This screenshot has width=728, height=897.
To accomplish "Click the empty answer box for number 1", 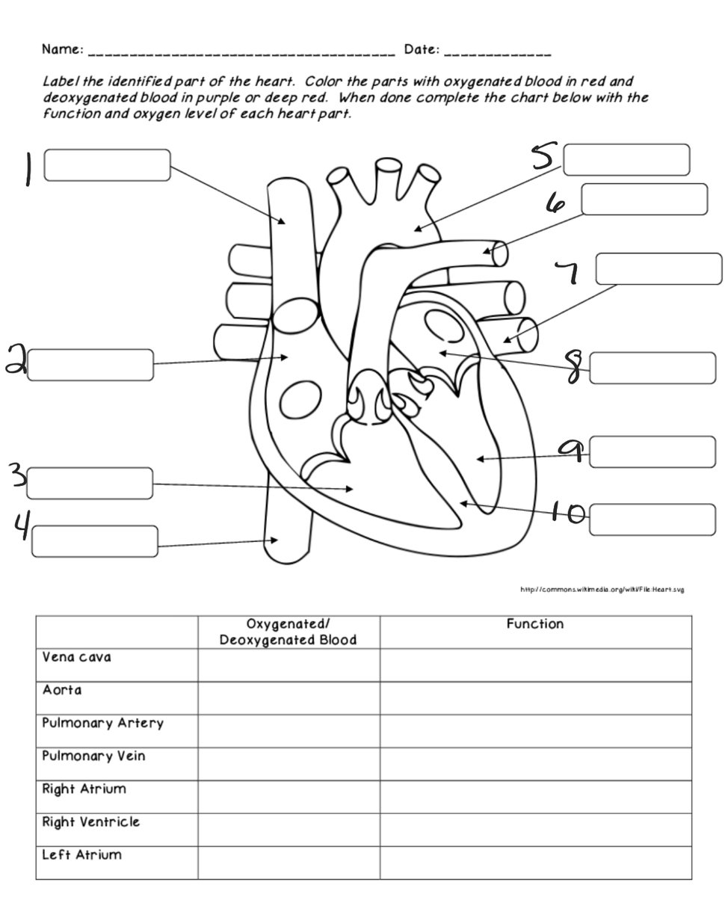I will point(107,165).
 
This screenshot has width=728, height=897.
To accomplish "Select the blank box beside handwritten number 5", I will point(626,160).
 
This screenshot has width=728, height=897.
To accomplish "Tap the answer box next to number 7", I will point(658,269).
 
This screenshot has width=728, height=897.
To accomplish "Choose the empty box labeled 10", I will point(652,520).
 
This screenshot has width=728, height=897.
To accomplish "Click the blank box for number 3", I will point(90,484).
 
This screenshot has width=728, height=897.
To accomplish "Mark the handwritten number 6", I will point(556,203).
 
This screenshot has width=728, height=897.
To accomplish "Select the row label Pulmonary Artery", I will point(102,723).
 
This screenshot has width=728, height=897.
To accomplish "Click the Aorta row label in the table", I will point(62,690).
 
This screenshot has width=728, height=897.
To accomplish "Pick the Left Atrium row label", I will point(81,854).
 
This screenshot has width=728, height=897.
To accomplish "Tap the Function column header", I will point(534,623).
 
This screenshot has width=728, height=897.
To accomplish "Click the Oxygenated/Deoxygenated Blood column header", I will point(288,632).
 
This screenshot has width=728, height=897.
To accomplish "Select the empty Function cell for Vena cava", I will point(534,665).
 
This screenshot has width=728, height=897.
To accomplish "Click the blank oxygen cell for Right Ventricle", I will point(288,829).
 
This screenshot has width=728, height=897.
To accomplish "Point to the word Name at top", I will point(62,50).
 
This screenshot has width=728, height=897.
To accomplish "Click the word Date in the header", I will point(421,50).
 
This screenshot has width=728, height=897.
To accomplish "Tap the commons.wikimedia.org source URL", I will point(602,590).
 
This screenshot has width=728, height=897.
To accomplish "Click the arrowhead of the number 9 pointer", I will point(479,458).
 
